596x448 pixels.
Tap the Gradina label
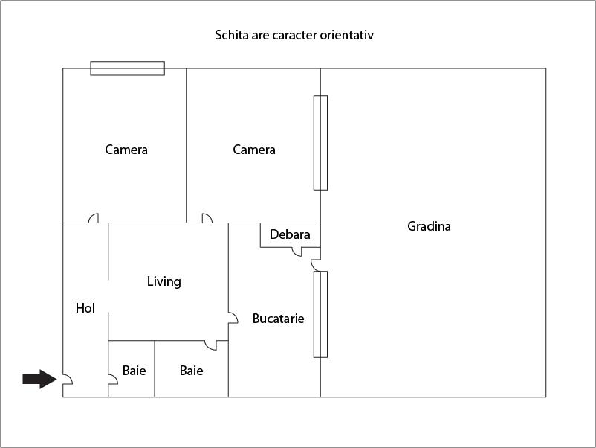(x=429, y=226)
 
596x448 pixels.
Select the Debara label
(x=290, y=234)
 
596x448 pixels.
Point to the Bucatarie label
(x=278, y=319)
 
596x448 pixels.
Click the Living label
(x=163, y=281)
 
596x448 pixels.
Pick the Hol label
(x=85, y=307)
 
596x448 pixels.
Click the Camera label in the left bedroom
(x=126, y=150)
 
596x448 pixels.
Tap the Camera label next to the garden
(x=254, y=150)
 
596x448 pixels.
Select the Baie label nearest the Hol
(x=134, y=370)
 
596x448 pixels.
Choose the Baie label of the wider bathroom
(x=191, y=370)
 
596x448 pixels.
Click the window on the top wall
(x=127, y=68)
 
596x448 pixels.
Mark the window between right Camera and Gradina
(x=320, y=142)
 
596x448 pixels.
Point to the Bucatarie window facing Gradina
(x=320, y=314)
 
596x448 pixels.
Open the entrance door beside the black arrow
(x=66, y=379)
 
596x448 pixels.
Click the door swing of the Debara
(x=297, y=252)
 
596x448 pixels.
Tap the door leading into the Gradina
(x=315, y=264)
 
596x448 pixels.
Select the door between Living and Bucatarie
(x=232, y=318)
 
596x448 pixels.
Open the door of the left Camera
(x=94, y=219)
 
